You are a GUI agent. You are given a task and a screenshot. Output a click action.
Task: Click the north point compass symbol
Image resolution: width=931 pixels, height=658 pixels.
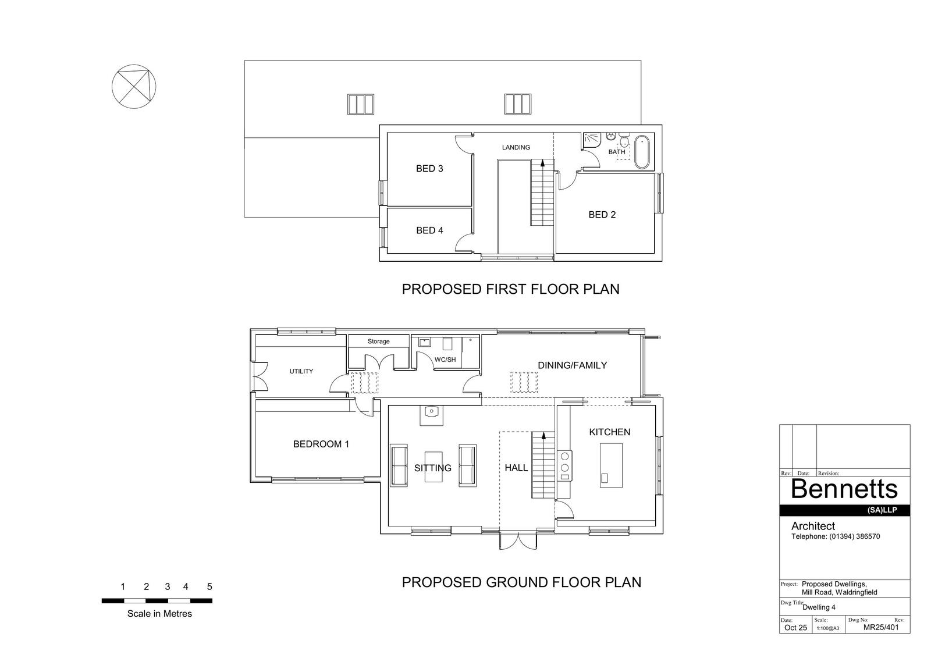coord(134,87)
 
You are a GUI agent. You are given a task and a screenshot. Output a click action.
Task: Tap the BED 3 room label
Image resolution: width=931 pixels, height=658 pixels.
coord(429,168)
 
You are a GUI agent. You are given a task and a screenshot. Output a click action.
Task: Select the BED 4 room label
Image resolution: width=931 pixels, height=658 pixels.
coord(429,230)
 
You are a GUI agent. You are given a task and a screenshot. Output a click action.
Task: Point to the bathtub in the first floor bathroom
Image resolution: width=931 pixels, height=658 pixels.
coord(642,152)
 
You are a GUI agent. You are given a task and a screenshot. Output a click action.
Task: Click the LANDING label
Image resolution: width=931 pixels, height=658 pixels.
coord(516,147)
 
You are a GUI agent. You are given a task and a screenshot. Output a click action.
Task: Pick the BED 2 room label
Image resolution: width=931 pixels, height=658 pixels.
coord(602,215)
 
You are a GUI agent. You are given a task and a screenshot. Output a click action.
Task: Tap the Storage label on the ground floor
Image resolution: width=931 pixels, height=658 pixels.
coord(378,342)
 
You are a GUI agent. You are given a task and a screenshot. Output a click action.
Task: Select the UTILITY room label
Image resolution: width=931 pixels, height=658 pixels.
coord(301,371)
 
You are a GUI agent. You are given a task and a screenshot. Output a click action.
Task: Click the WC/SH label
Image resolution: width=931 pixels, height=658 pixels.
coord(445,360)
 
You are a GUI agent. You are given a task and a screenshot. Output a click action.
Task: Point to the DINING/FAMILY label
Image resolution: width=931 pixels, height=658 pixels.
coord(573,365)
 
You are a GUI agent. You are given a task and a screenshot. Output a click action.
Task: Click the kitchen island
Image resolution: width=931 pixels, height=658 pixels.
coord(611,465)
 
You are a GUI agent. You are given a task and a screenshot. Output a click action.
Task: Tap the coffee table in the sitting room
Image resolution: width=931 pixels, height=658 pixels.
coord(433,467)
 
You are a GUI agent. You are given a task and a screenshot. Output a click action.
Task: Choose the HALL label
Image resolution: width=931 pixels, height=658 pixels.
coord(516,468)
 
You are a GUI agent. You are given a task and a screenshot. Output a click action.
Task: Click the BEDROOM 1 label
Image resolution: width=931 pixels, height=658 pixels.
coord(321,444)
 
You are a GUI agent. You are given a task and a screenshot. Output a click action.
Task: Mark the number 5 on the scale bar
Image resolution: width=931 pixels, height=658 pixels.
coord(209,586)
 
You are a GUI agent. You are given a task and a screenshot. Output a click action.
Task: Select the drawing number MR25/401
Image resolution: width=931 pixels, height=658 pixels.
coord(881,628)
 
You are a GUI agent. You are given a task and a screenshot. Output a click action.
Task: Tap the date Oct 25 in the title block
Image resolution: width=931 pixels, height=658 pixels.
coord(795,628)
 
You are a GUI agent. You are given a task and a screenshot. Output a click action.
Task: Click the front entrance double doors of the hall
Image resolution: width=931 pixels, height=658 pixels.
coord(518,540)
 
